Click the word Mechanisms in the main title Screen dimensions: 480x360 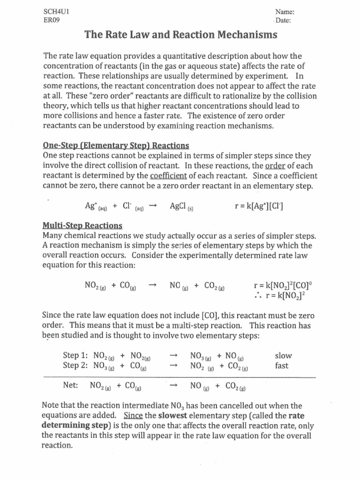tap(244, 35)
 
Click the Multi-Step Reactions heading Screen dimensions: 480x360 tap(82, 225)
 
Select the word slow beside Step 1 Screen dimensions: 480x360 tap(283, 356)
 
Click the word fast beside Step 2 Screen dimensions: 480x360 tap(282, 366)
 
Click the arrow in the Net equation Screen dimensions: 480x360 tap(173, 386)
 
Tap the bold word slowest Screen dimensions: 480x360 tap(174, 416)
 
